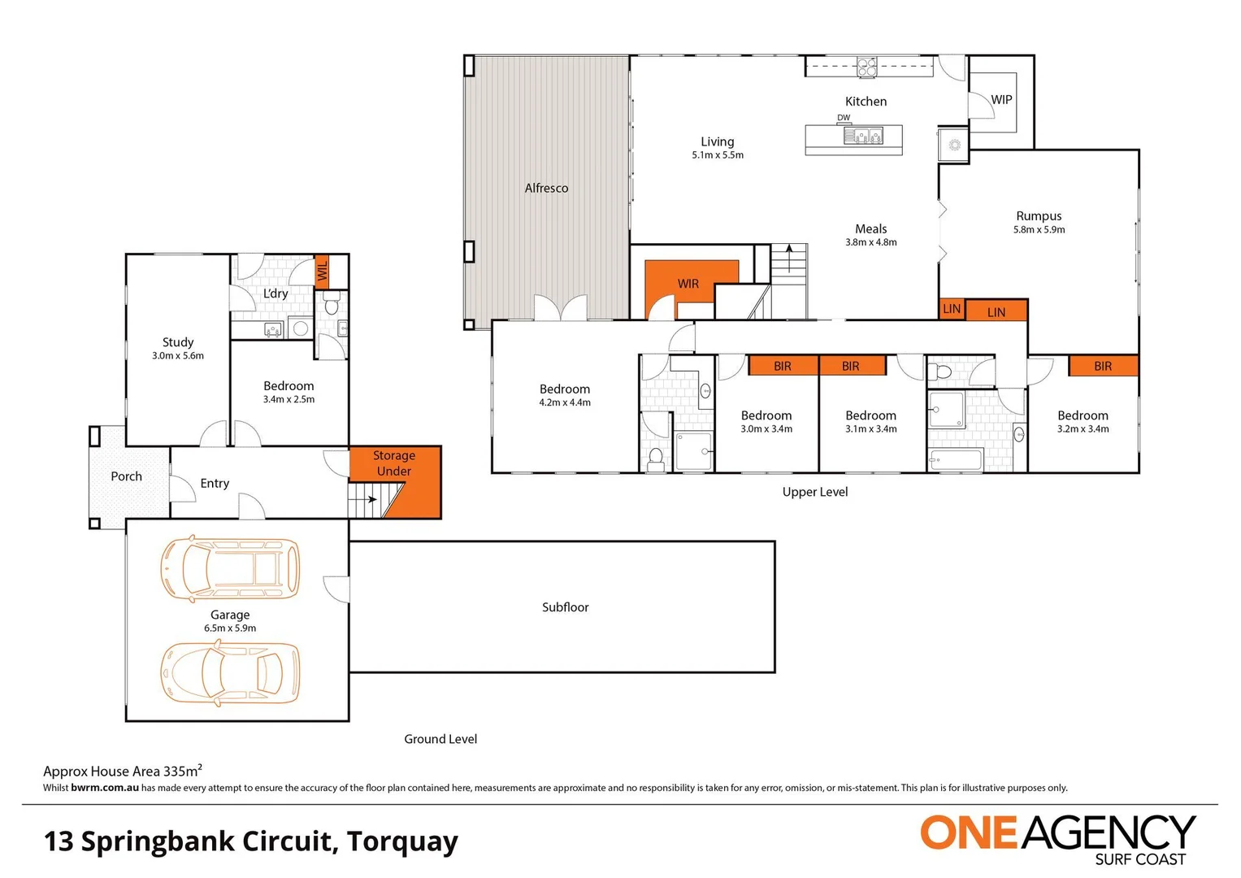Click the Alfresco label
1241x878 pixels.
tap(546, 188)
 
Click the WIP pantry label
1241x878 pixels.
tap(1001, 100)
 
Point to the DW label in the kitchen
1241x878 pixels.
tap(844, 118)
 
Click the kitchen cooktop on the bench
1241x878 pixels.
tap(867, 67)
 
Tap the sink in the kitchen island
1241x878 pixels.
tap(862, 135)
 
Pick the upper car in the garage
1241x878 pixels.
tap(230, 568)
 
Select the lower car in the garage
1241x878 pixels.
tap(230, 673)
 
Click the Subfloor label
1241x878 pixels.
tap(565, 607)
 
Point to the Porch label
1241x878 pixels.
tap(126, 476)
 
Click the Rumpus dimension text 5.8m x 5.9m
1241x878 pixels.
tap(1039, 229)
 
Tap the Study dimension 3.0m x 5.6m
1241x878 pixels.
tap(178, 356)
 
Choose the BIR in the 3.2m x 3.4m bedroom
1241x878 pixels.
tap(1103, 366)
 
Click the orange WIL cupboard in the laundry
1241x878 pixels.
tap(322, 271)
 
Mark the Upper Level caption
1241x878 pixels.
tap(815, 492)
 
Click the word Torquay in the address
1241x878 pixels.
tap(403, 842)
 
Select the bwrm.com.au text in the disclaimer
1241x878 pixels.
tap(105, 788)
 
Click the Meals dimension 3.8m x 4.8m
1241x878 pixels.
tap(871, 242)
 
